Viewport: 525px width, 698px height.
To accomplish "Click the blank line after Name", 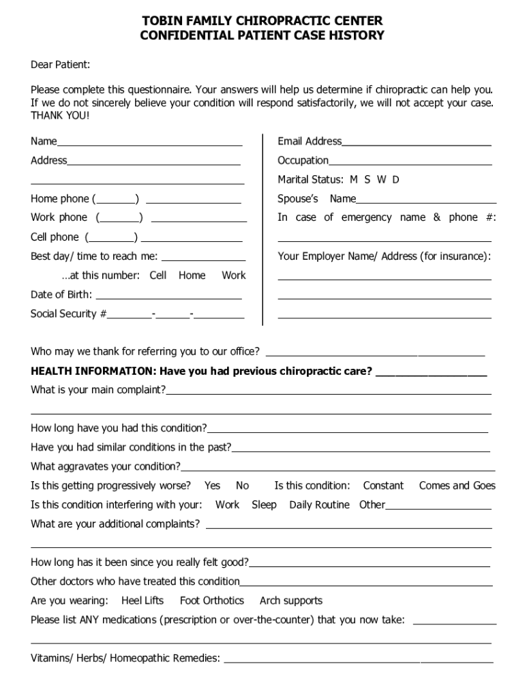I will [x=150, y=142].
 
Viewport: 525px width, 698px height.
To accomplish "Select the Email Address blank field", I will [x=417, y=142].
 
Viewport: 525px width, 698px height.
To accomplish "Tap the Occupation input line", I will [x=410, y=161].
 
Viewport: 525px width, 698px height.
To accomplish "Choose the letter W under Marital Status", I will [x=381, y=180].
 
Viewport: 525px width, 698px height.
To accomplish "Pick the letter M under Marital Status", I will [x=353, y=180].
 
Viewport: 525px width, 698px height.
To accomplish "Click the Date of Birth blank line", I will [x=168, y=295].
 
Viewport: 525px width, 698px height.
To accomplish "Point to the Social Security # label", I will [x=68, y=314].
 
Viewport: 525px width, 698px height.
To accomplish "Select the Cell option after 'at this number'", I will [x=157, y=275].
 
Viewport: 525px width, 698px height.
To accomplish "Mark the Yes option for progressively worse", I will [x=212, y=486].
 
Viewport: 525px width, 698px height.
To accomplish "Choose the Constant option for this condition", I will [x=383, y=486].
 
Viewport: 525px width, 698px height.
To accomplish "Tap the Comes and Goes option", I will [x=457, y=486].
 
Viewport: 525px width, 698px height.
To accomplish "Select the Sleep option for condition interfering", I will [x=264, y=505].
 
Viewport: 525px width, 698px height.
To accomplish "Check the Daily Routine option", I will [x=319, y=505].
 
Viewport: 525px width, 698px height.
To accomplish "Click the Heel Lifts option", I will [x=142, y=601].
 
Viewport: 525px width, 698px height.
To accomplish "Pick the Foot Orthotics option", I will [x=211, y=601].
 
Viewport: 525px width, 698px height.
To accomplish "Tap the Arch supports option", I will [x=290, y=601].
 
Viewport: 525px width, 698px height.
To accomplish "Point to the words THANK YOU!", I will [x=60, y=116].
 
